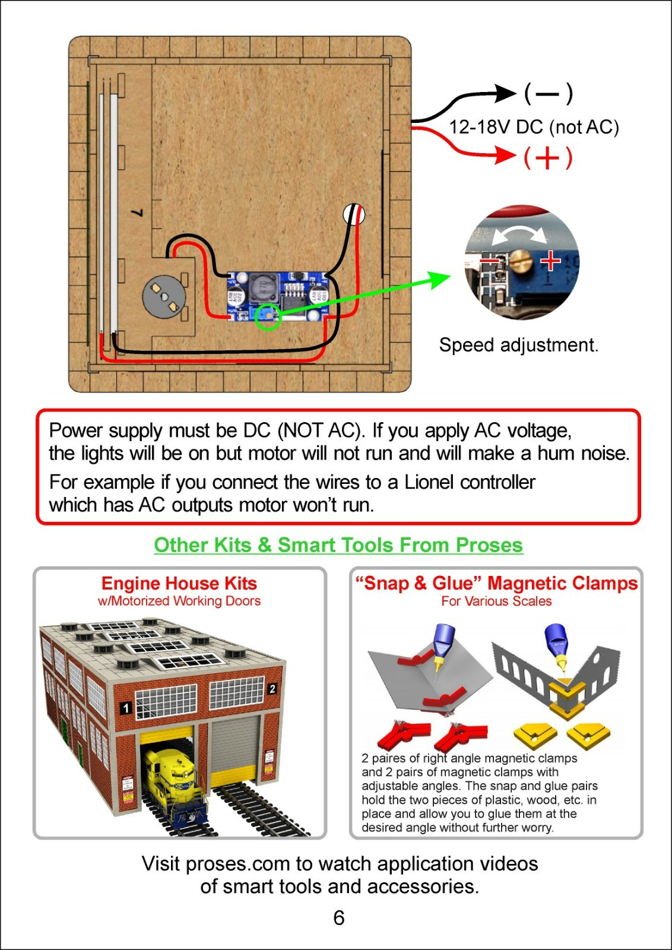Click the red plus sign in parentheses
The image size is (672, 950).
tap(548, 158)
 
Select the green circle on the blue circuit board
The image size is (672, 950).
tap(268, 316)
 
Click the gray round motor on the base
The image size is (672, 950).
tap(164, 296)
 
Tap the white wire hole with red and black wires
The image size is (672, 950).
tap(354, 214)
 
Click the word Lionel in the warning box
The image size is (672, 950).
tap(429, 482)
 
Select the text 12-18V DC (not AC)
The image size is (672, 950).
tap(534, 127)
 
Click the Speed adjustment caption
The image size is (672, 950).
tap(518, 345)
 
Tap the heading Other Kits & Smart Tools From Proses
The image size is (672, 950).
tap(338, 544)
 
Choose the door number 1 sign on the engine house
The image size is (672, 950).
tap(125, 708)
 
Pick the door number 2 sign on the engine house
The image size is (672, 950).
tap(272, 688)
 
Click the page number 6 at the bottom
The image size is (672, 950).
tap(339, 917)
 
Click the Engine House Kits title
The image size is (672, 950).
tap(179, 583)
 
